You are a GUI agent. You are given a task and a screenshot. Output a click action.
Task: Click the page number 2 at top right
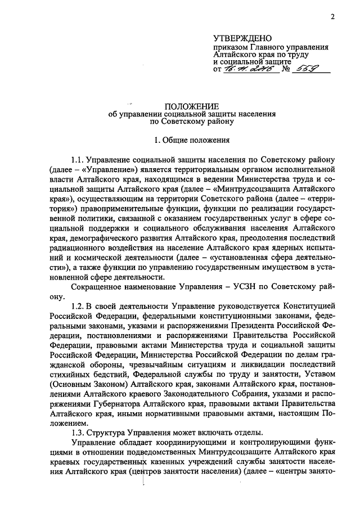[x=332, y=17]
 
